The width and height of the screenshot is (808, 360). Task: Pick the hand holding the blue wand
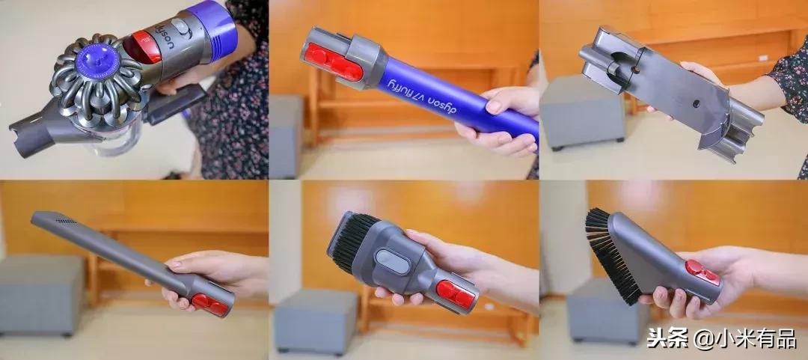pyautogui.click(x=498, y=120)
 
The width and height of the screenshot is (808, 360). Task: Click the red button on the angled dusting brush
pyautogui.click(x=702, y=273)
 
